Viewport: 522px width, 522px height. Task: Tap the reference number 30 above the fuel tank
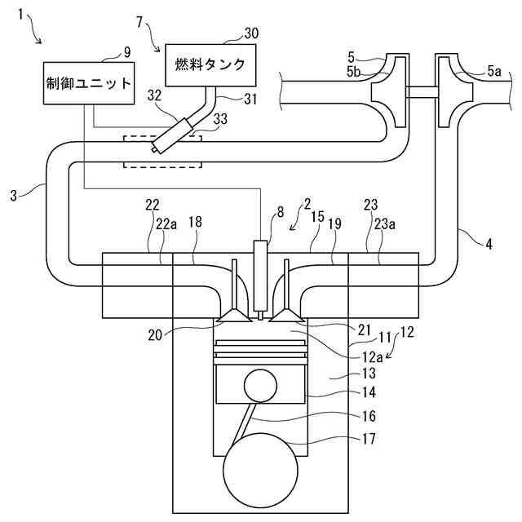click(x=251, y=33)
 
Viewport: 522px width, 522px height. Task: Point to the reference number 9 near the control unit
click(x=126, y=52)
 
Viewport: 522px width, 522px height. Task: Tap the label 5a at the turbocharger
click(x=494, y=72)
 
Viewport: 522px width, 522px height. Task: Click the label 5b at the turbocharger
click(x=353, y=72)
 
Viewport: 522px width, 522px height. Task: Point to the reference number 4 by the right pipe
click(x=489, y=243)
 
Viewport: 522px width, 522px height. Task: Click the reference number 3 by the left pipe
click(x=14, y=196)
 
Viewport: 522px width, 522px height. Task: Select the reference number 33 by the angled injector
click(x=220, y=120)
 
